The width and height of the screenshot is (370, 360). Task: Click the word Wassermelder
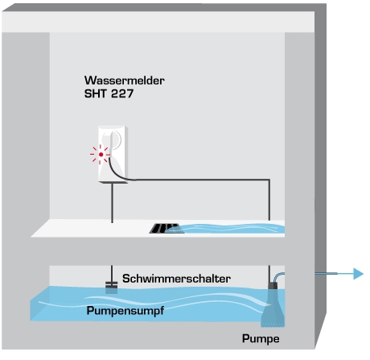pos(125,81)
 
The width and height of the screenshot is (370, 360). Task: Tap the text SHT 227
pos(109,93)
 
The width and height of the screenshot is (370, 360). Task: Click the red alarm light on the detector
pos(101,155)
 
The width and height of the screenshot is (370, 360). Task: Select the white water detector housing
pos(113,155)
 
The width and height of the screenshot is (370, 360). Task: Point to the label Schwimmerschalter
pos(176,279)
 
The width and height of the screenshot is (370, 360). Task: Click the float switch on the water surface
pos(111,288)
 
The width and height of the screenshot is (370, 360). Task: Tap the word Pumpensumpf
pos(125,311)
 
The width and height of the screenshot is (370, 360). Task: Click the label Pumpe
pos(261,339)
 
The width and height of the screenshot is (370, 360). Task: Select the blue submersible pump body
pos(273,308)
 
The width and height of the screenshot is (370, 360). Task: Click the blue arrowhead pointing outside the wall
pos(358,274)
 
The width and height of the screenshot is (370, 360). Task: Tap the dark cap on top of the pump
pos(273,285)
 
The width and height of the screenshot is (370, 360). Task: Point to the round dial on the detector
pos(115,139)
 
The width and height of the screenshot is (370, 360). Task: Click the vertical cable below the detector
pos(112,203)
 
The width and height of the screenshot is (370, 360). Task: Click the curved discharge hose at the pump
pos(279,276)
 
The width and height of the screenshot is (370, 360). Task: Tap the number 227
pos(122,93)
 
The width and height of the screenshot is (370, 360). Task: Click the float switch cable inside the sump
pos(112,274)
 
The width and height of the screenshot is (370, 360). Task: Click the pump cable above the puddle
pos(269,200)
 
